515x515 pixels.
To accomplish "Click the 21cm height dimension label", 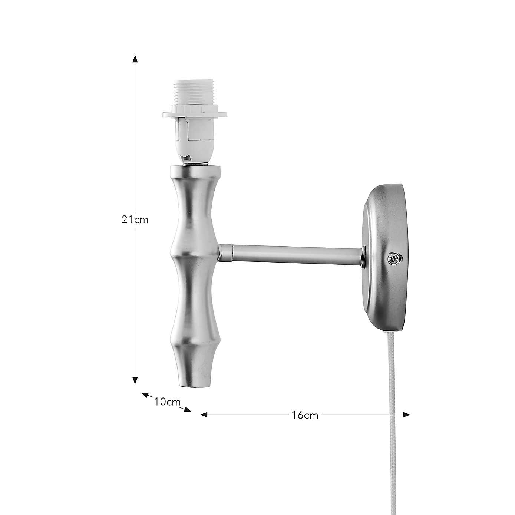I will pos(135,219).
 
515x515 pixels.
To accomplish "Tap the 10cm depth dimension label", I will pos(167,402).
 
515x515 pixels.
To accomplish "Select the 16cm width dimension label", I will pos(305,415).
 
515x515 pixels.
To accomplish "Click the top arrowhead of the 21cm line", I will pos(135,59).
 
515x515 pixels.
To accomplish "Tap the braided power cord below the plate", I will pos(394,389).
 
